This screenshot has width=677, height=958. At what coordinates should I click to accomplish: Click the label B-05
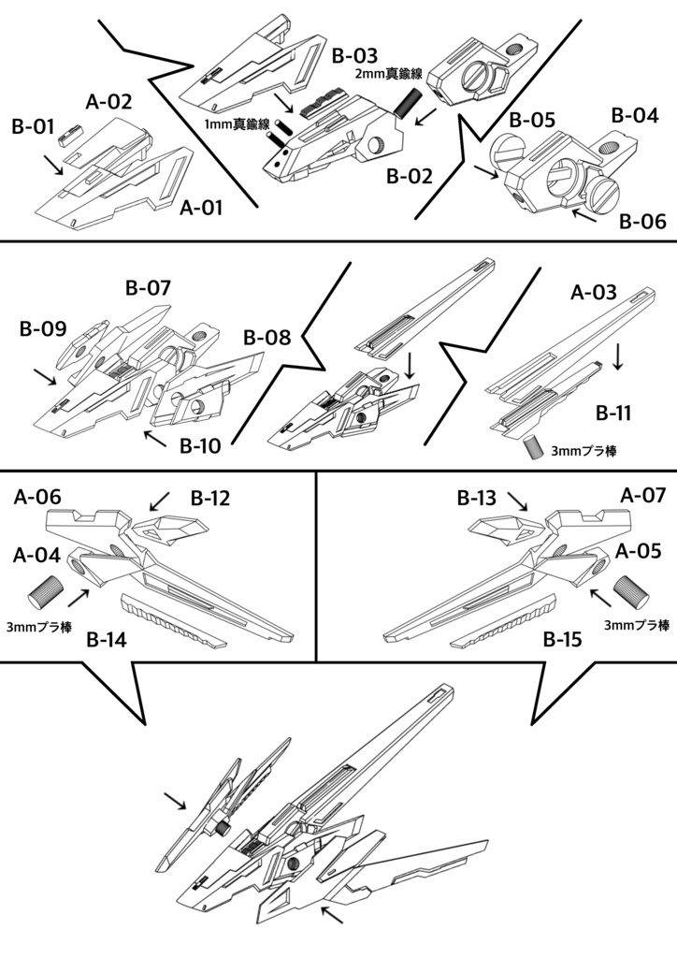(533, 121)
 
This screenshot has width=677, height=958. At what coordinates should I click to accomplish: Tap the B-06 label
(642, 221)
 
